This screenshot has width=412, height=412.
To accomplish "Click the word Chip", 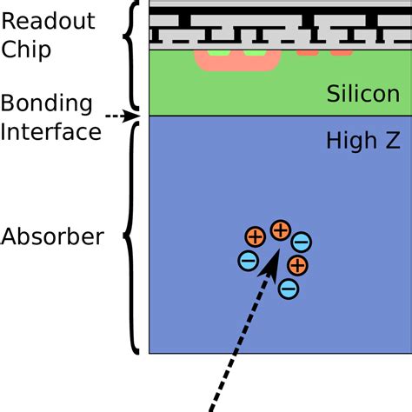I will coord(27,49).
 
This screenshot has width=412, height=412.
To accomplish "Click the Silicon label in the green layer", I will coord(362,95).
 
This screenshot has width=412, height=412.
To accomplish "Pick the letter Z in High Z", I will coord(391,140).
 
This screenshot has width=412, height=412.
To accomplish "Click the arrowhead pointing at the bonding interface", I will coord(132,115).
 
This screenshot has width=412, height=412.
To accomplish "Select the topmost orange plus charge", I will coord(280,230).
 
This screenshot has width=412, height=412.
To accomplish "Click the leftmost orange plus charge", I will coord(255,236).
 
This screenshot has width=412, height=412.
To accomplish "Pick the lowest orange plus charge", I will coord(297,265).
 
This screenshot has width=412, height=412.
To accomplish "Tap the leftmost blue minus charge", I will coord(248,259).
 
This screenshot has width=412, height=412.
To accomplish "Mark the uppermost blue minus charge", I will coord(302,243).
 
